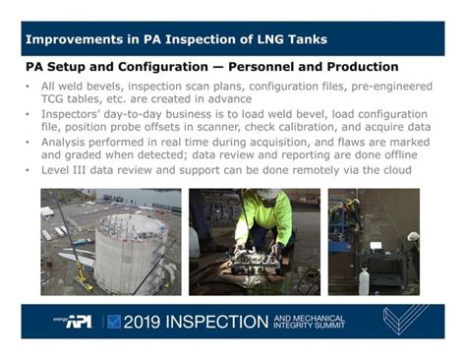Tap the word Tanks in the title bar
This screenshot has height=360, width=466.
305,40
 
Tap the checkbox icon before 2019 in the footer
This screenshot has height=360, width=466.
114,322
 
